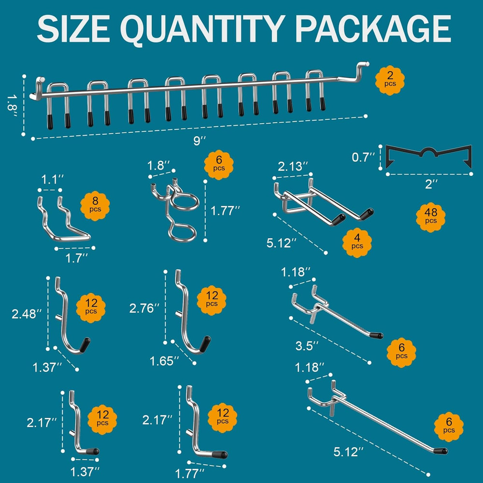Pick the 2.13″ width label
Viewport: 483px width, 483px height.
click(x=293, y=167)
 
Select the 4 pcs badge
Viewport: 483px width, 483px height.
click(x=357, y=242)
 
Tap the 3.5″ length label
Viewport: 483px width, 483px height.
click(x=307, y=346)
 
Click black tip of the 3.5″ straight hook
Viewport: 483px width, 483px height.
click(x=376, y=335)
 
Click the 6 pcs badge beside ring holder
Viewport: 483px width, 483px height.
click(x=219, y=165)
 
